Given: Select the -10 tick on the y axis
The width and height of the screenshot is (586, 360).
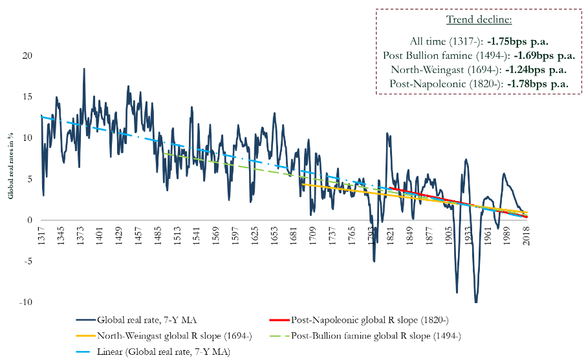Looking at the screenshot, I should (x=27, y=302).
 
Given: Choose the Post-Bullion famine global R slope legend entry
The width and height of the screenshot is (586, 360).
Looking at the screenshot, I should (x=376, y=335).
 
